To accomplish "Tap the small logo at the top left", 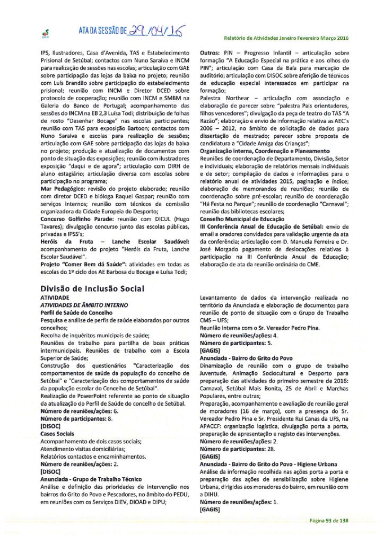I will pyautogui.click(x=44, y=33).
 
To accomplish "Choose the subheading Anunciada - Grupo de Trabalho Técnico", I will pyautogui.click(x=90, y=478).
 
